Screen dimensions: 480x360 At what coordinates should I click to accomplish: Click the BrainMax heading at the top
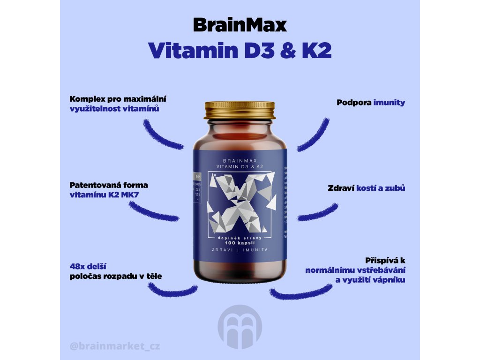240,25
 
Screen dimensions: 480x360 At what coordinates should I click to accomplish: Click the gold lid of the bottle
240,110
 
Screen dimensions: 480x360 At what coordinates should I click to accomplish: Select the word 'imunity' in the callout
389,102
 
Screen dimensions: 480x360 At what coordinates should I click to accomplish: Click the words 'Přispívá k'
385,261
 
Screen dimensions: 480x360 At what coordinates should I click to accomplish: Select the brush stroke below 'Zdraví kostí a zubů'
317,213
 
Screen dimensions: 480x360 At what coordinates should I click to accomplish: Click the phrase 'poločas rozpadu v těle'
115,276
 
